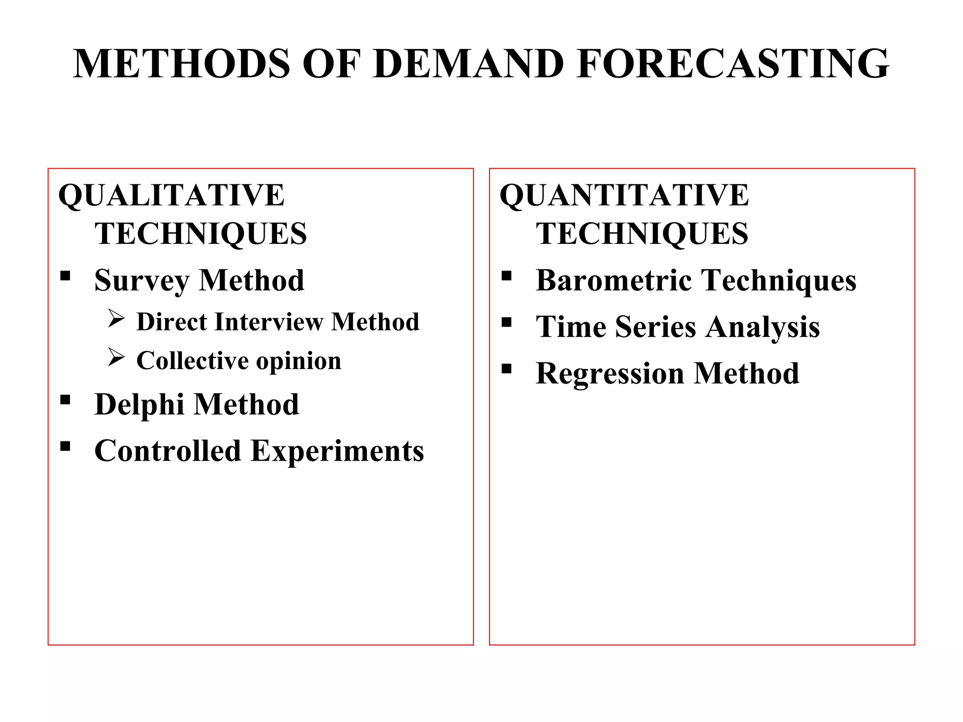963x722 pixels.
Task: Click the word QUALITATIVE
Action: pos(171,196)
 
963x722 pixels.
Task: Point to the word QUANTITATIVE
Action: pos(624,196)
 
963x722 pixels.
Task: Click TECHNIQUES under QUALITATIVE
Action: pos(201,234)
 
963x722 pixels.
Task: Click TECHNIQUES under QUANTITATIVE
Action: pos(642,234)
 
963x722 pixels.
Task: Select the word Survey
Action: pos(142,281)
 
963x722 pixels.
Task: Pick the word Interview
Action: pos(269,322)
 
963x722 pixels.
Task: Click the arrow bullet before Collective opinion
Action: pos(116,357)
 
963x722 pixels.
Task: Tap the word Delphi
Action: pos(139,404)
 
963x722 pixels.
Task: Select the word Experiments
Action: pos(337,451)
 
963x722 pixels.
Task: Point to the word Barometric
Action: pos(614,280)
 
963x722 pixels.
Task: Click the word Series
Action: pos(655,327)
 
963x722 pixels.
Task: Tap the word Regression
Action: pos(610,374)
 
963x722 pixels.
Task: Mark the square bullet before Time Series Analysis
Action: pos(506,322)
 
